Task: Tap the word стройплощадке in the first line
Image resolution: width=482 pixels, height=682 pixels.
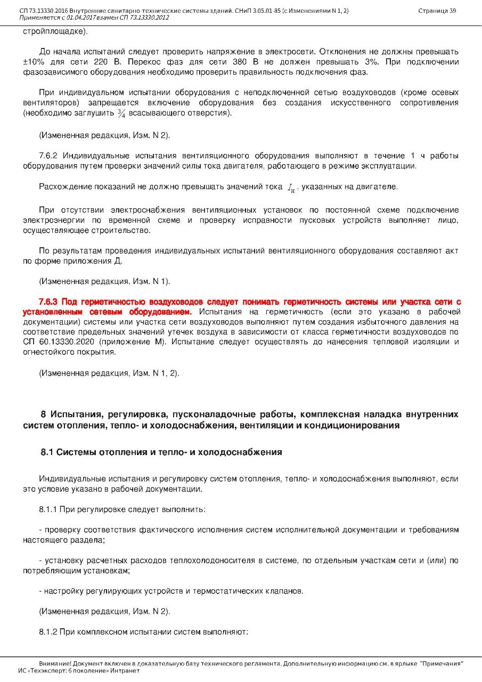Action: [x=54, y=32]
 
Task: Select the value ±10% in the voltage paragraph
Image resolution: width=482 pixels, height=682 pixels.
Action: [x=34, y=62]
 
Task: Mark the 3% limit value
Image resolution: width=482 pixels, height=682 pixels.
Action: [x=375, y=62]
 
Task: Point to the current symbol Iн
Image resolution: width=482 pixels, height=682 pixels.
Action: [x=291, y=188]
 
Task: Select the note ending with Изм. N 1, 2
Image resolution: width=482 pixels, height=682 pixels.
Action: [x=109, y=373]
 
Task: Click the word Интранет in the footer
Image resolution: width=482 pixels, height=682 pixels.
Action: [x=125, y=670]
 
